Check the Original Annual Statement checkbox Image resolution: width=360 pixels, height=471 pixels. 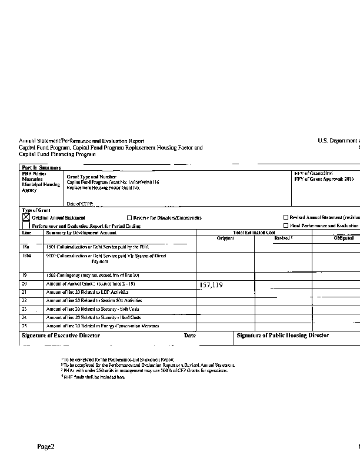coord(26,217)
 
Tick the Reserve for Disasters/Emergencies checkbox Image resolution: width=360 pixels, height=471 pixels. coord(129,218)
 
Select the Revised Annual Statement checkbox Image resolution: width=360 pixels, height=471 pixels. coord(286,218)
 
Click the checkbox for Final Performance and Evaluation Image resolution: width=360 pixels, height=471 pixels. coord(286,225)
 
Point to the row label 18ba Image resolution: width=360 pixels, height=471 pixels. coord(27,256)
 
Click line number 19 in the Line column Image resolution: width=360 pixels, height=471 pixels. coord(25,275)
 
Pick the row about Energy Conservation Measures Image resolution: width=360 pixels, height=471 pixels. coord(102,326)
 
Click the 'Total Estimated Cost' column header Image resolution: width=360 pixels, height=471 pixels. coord(254,233)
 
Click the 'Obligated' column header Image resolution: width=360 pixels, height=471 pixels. coord(344,238)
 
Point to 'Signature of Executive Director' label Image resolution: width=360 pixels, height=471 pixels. coord(61,336)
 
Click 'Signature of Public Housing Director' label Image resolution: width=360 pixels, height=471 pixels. coord(282,336)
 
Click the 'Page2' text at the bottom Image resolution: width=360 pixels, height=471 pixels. coord(46,447)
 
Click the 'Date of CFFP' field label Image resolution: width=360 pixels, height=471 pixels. coord(81,204)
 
